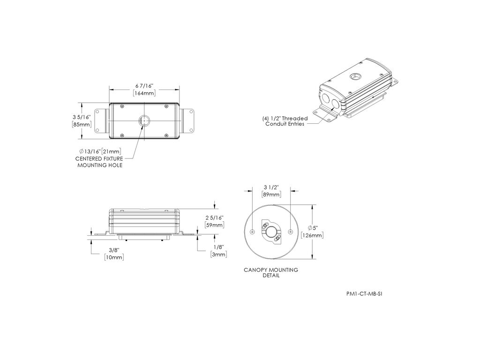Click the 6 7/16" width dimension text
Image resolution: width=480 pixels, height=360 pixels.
click(144, 86)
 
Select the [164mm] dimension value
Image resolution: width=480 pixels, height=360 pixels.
click(144, 93)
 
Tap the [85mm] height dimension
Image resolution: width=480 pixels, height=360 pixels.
click(82, 124)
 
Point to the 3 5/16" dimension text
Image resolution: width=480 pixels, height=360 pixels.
click(82, 117)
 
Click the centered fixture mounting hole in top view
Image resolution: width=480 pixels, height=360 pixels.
click(144, 120)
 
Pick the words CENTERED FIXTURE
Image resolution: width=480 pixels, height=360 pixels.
click(99, 158)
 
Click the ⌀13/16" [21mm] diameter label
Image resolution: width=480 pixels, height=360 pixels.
click(100, 151)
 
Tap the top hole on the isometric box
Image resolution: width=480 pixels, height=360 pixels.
click(356, 75)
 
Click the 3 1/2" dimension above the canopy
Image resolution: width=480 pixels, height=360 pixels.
click(271, 187)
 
